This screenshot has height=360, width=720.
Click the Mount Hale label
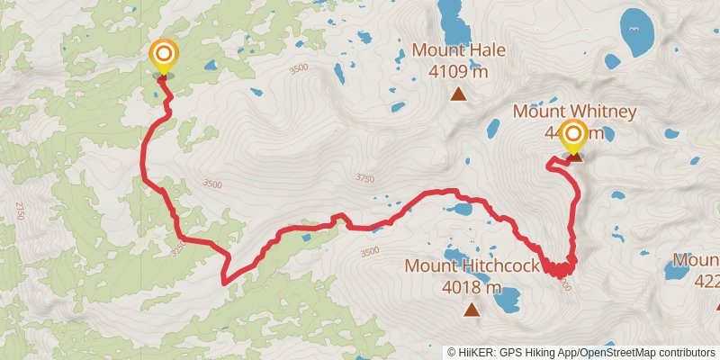[x=458, y=50]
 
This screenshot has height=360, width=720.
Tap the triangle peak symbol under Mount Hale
[x=458, y=93]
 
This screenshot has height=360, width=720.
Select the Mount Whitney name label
[x=574, y=112]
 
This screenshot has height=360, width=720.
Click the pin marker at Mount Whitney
[x=572, y=138]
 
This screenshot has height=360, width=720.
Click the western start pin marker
[x=164, y=57]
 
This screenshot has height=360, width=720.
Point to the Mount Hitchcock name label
[x=472, y=266]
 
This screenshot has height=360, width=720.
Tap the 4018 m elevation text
[x=472, y=287]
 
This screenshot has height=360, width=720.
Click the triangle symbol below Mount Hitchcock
[x=472, y=310]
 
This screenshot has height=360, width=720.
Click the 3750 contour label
[x=364, y=178]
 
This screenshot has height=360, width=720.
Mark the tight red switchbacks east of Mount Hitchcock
[x=561, y=268]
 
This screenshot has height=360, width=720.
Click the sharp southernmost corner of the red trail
[x=223, y=282]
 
